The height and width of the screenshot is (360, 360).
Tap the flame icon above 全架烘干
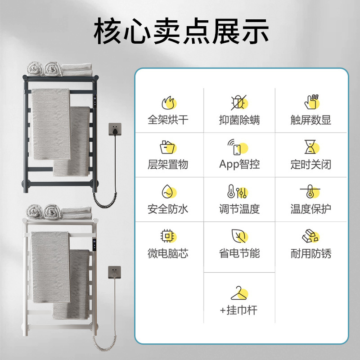167,103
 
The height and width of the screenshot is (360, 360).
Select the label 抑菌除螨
239,120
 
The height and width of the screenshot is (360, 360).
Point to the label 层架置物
168,164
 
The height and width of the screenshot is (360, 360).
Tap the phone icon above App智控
239,147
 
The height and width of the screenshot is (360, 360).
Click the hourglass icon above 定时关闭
310,147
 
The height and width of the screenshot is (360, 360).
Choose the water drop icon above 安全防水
167,192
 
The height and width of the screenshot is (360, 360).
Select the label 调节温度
239,209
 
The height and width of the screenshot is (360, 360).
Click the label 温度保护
310,209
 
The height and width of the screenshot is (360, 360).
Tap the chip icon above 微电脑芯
167,236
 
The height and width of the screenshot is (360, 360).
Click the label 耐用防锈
310,253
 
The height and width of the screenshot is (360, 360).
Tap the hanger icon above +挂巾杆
239,293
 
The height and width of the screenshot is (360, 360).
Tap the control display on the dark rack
96,103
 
